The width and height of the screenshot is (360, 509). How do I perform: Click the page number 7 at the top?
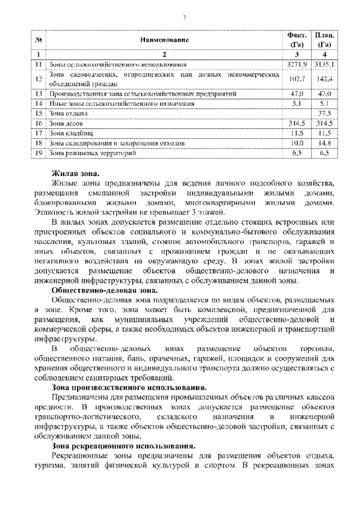click(x=184, y=17)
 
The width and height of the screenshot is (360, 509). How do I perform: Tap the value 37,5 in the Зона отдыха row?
click(x=324, y=113)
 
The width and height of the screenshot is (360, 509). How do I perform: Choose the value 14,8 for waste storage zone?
click(x=324, y=143)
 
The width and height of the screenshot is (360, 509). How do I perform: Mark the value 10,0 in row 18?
click(x=296, y=143)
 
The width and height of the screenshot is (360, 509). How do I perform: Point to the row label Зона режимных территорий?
click(x=84, y=152)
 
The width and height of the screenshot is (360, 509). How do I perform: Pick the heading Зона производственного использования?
click(x=129, y=388)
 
